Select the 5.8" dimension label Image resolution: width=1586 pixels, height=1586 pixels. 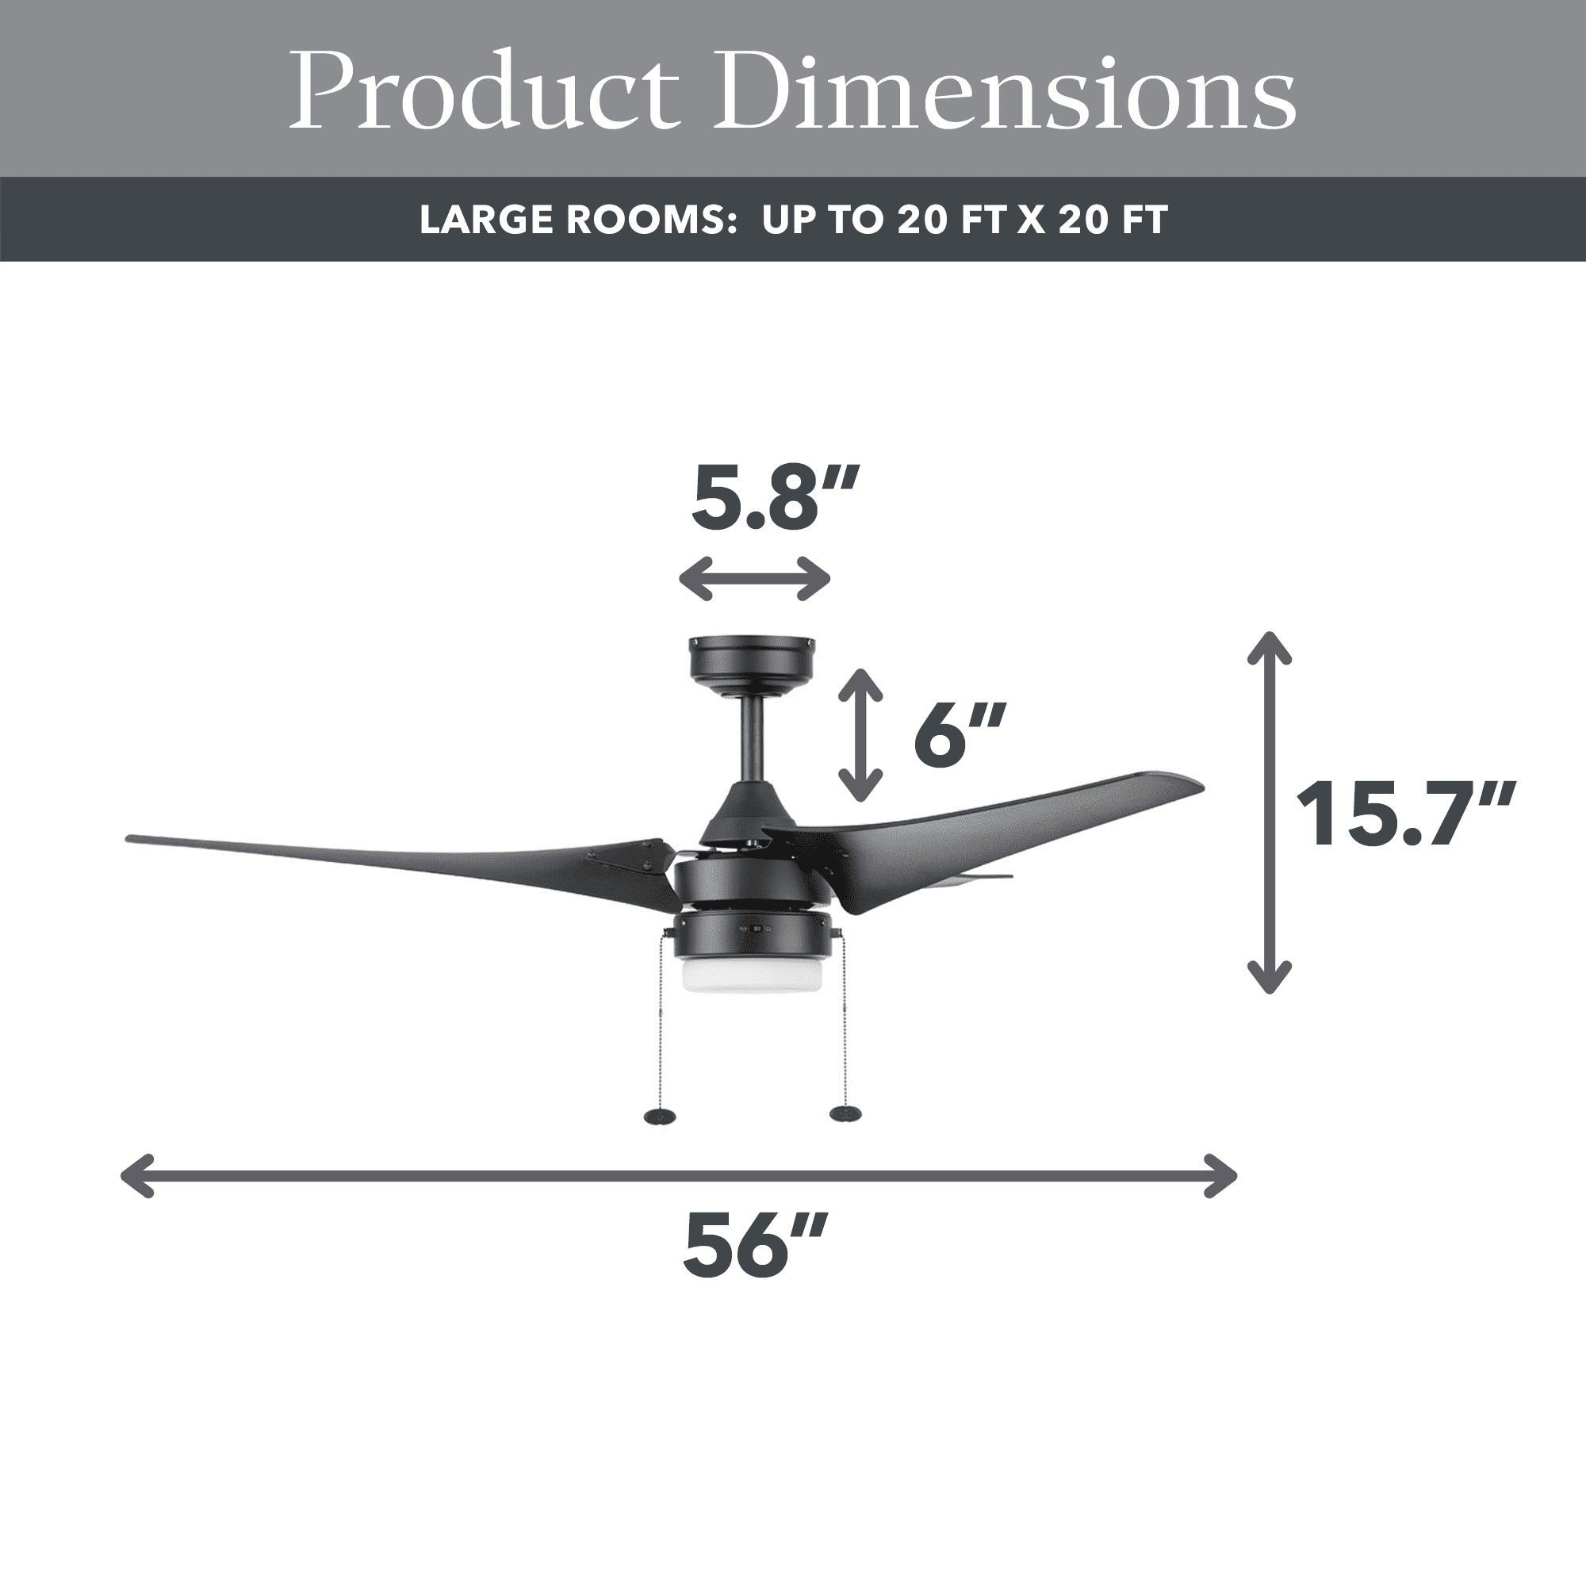pyautogui.click(x=774, y=499)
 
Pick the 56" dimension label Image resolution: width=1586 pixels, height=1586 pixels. pyautogui.click(x=754, y=1244)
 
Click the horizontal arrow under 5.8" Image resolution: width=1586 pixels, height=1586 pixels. pyautogui.click(x=754, y=579)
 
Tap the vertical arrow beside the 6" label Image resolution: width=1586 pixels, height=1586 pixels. pyautogui.click(x=860, y=735)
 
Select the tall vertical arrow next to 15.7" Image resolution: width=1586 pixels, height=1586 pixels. pyautogui.click(x=1269, y=813)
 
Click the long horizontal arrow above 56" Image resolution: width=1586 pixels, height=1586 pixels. pyautogui.click(x=678, y=1175)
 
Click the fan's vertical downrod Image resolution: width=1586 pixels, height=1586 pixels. pyautogui.click(x=750, y=743)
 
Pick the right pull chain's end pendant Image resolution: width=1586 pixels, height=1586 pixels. pyautogui.click(x=845, y=1114)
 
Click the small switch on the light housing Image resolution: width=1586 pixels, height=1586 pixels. pyautogui.click(x=756, y=929)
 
